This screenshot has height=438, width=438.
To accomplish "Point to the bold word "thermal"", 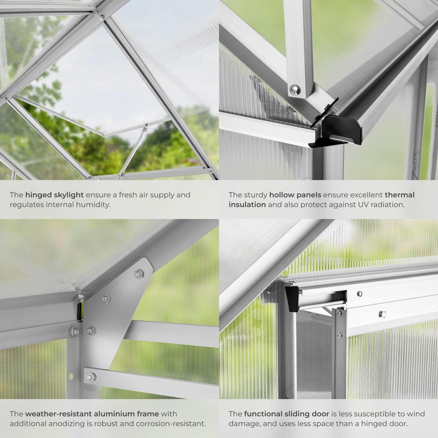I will [399, 195].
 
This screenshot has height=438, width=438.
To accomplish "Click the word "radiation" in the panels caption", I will [376, 205].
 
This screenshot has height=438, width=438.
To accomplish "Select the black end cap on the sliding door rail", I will [292, 298].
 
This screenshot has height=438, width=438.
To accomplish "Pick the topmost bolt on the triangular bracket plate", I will [138, 274].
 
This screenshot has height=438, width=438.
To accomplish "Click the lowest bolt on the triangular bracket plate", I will [91, 377].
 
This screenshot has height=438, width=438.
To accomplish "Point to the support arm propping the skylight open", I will [131, 151].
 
